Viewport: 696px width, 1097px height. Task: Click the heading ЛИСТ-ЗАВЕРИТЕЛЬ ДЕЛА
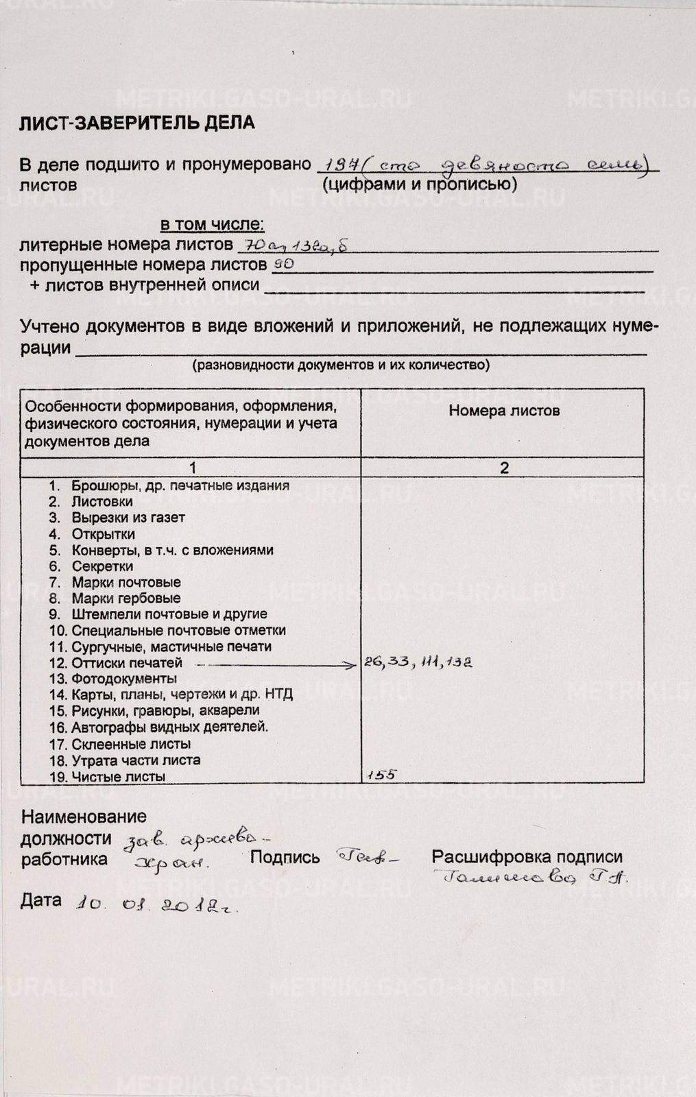pyautogui.click(x=136, y=123)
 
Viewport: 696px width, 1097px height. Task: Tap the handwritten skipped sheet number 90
pyautogui.click(x=284, y=263)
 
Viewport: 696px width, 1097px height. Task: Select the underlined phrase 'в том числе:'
pyautogui.click(x=212, y=225)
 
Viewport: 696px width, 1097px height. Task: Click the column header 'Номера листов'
pyautogui.click(x=504, y=411)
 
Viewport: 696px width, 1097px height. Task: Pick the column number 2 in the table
pyautogui.click(x=504, y=468)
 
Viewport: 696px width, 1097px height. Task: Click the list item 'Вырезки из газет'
pyautogui.click(x=128, y=518)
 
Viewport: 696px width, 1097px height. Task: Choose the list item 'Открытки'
pyautogui.click(x=103, y=534)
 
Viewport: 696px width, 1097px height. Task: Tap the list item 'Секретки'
pyautogui.click(x=102, y=566)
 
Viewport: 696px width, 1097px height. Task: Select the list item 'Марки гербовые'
pyautogui.click(x=126, y=599)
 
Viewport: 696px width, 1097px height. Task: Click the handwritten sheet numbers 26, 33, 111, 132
pyautogui.click(x=418, y=662)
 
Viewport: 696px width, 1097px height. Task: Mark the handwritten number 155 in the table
pyautogui.click(x=382, y=775)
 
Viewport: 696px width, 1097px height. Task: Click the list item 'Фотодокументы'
pyautogui.click(x=123, y=679)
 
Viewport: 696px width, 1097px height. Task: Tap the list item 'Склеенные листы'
pyautogui.click(x=131, y=744)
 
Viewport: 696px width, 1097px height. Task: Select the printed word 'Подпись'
pyautogui.click(x=285, y=857)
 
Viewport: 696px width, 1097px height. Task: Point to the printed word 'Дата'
pyautogui.click(x=41, y=900)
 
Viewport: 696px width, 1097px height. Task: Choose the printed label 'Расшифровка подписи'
pyautogui.click(x=527, y=857)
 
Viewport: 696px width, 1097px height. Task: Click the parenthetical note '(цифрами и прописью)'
pyautogui.click(x=420, y=184)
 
